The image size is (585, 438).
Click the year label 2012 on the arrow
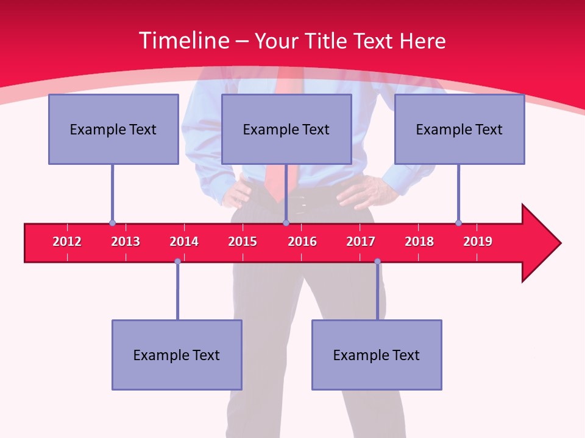point(67,242)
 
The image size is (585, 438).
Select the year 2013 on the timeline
point(126,242)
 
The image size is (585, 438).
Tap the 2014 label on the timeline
point(184,242)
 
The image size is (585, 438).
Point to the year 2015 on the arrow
point(243,242)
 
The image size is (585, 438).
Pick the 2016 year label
point(302,242)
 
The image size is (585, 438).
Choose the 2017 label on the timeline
point(361,242)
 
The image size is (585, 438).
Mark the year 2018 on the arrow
point(419,242)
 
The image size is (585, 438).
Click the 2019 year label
point(478,242)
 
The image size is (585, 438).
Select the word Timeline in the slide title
point(183,41)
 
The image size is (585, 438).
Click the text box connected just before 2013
point(113,129)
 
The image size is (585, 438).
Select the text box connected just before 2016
point(286,129)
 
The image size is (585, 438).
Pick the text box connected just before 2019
point(459,129)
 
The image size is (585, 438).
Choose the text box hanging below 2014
point(177,355)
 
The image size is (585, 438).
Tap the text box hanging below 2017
point(377,355)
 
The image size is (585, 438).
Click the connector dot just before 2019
point(458,223)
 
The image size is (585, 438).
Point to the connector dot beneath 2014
point(177,261)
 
